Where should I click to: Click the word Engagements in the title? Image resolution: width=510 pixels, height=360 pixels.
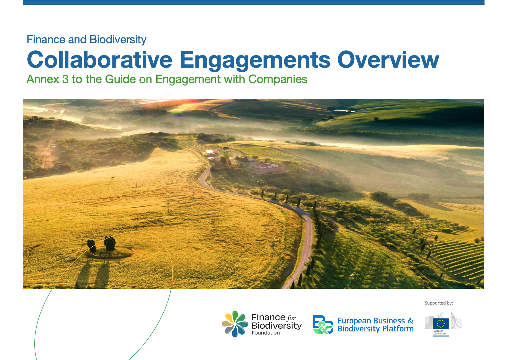point(255,60)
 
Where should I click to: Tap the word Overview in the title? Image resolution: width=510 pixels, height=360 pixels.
point(388,60)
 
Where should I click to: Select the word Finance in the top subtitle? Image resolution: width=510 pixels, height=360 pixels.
point(46,40)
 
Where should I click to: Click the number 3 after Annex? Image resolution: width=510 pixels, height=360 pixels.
point(65,80)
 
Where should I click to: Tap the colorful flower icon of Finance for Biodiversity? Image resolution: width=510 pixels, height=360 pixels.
point(235,324)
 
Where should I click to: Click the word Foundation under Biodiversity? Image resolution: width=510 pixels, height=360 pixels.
point(266,333)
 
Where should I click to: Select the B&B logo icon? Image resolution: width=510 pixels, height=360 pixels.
point(322,325)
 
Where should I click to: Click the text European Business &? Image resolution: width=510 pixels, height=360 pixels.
point(375,321)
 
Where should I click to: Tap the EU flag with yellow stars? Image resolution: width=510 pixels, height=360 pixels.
point(441,323)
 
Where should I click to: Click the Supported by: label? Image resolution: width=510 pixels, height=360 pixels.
point(439,303)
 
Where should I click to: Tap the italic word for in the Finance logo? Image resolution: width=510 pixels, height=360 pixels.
point(291,318)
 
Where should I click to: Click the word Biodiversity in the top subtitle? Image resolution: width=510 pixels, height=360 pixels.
point(118,40)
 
